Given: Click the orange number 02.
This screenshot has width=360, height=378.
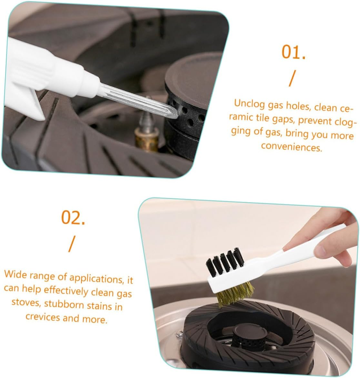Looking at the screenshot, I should [74, 218].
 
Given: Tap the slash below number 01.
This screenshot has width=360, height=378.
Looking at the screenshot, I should [292, 78].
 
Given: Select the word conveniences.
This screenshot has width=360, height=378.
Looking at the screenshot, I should [292, 147].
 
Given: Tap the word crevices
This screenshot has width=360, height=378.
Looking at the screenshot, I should [43, 317].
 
